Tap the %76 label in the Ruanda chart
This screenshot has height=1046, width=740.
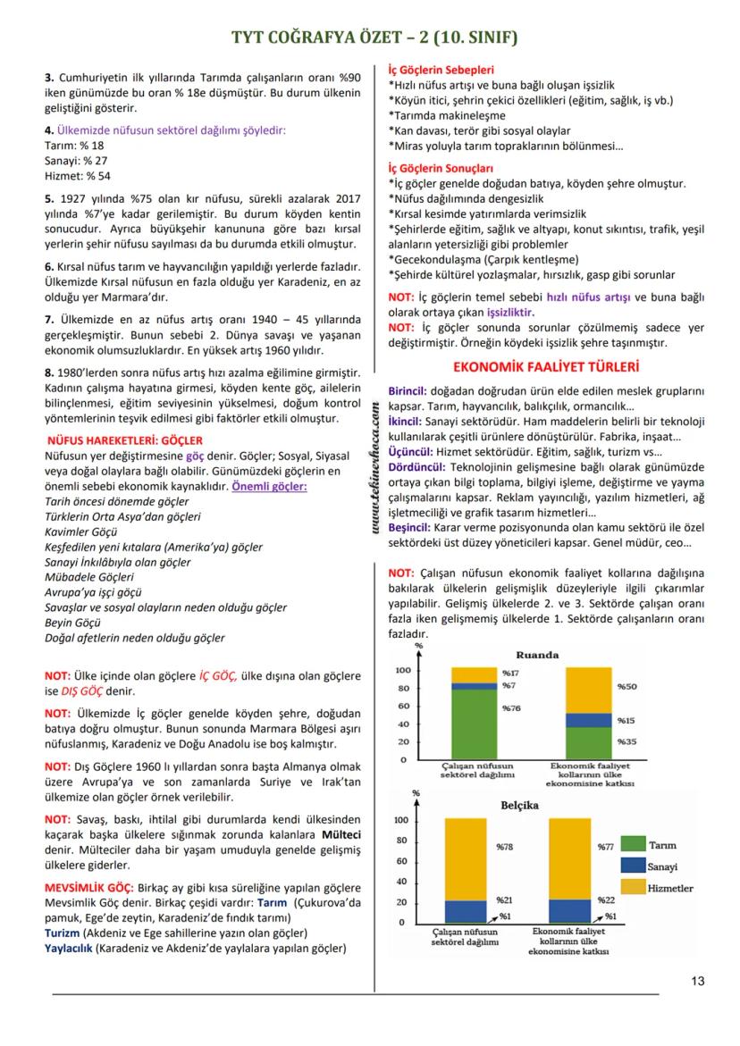pos(510,708)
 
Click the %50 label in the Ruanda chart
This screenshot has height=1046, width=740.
pos(626,687)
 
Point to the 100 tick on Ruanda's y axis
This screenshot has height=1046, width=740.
pos(402,670)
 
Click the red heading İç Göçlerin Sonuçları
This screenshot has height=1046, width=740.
pos(441,167)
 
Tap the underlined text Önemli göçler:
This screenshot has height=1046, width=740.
pos(269,486)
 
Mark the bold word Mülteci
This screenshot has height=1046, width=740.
pos(341,834)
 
